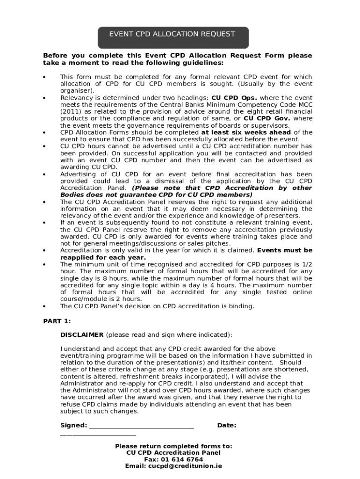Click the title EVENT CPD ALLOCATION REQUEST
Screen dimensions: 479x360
(172, 34)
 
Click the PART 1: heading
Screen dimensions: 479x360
(57, 321)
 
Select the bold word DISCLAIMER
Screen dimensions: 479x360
(82, 335)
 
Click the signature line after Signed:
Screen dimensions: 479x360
(141, 426)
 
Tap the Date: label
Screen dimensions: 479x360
(227, 425)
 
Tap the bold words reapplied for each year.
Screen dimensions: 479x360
(103, 257)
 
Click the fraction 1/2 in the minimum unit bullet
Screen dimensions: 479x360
(307, 264)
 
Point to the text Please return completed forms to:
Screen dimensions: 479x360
(173, 446)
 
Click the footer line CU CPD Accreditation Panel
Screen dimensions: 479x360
(173, 453)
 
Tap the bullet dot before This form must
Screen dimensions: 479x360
(44, 77)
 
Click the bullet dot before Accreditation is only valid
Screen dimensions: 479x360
(44, 251)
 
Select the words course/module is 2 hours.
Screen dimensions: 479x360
(101, 299)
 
